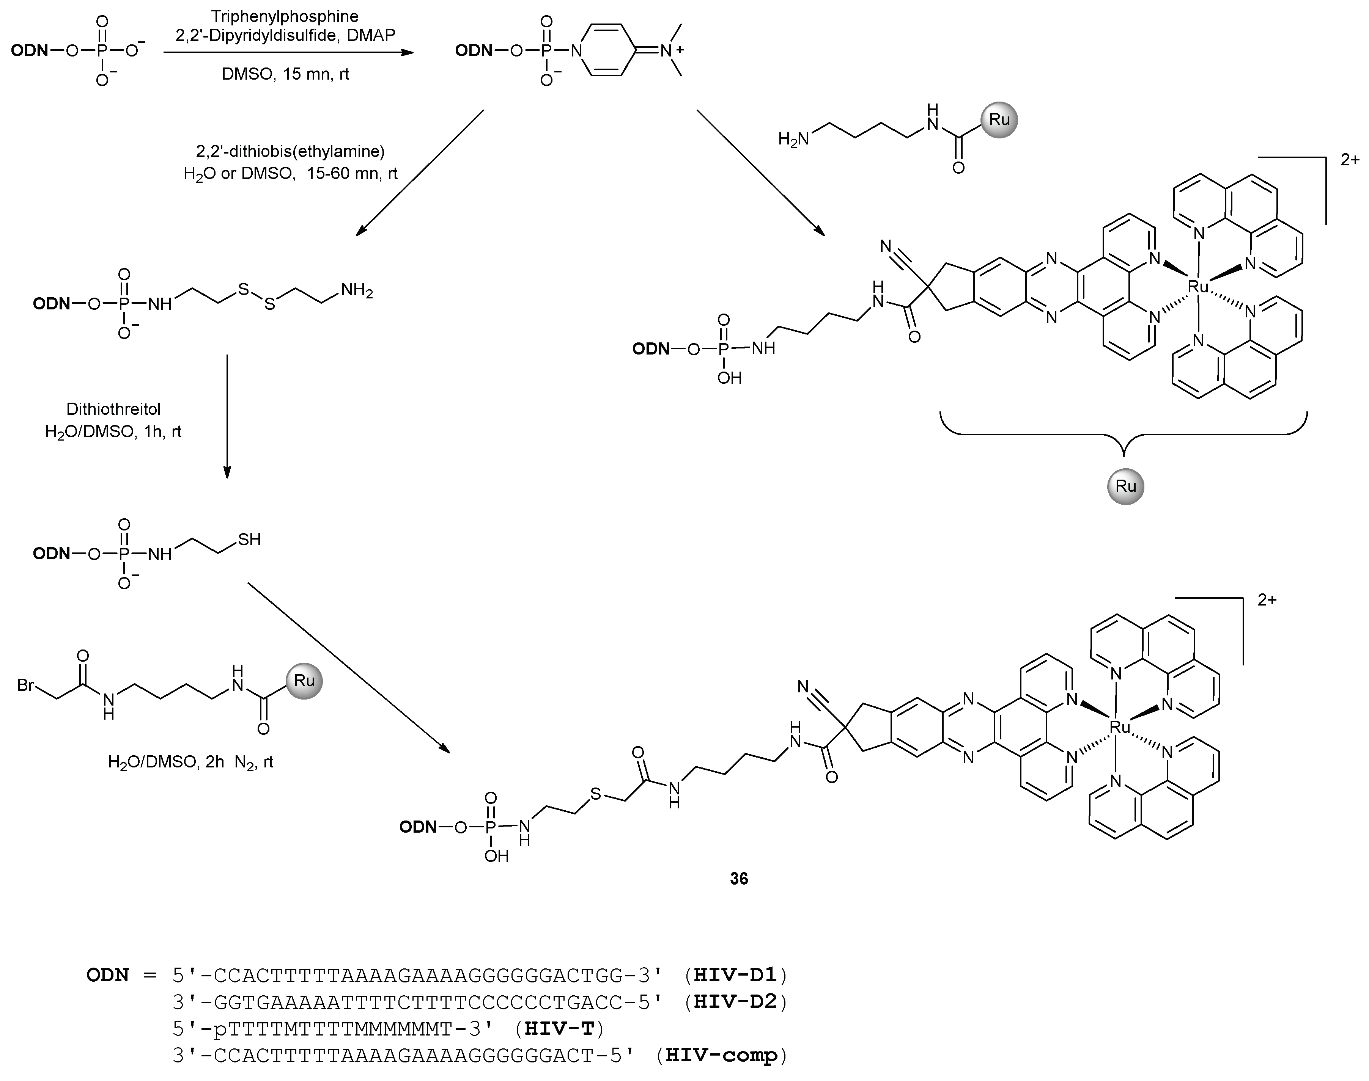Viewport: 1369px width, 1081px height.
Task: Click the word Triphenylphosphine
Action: tap(285, 16)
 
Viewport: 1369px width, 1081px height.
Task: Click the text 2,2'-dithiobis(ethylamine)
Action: tap(290, 151)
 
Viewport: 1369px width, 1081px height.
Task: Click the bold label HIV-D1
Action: tap(735, 975)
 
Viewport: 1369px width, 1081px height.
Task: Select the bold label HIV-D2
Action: tap(735, 1001)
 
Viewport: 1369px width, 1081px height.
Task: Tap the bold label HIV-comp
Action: tap(721, 1055)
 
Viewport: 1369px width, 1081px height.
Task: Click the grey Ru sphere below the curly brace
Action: tap(1125, 486)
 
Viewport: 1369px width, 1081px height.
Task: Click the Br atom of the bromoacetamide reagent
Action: tap(26, 685)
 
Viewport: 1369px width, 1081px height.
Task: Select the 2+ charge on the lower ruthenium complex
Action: tap(1267, 600)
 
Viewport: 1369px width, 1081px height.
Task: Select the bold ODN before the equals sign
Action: tap(108, 975)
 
